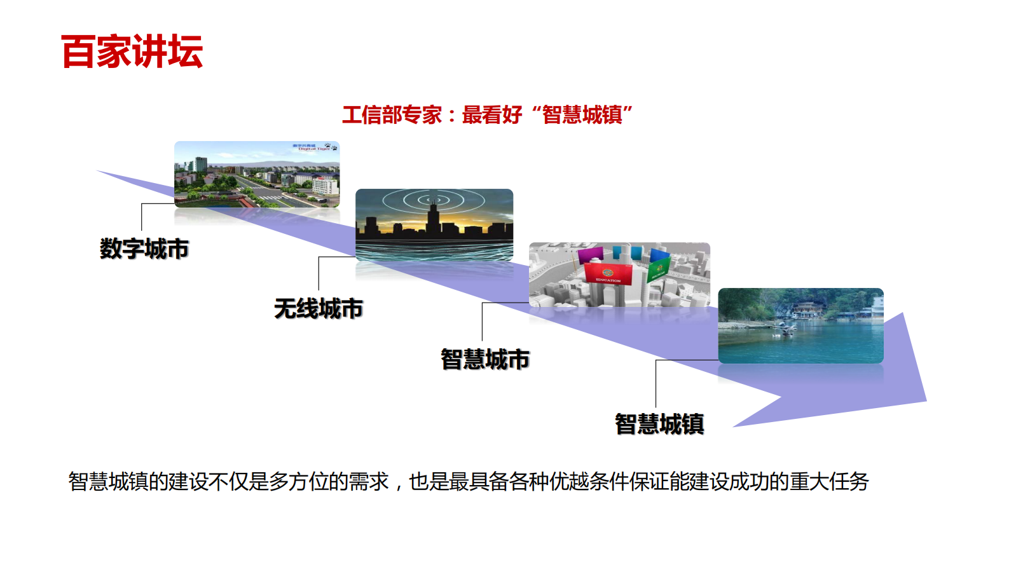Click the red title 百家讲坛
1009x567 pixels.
[132, 51]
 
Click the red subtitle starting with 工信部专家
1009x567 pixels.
[487, 115]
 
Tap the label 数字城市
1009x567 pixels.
[144, 249]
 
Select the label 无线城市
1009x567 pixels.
[319, 309]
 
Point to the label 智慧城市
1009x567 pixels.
[485, 359]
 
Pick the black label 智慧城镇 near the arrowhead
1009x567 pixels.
[659, 424]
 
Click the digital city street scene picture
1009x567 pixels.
[257, 174]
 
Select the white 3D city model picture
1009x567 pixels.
[619, 275]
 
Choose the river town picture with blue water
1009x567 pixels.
[800, 325]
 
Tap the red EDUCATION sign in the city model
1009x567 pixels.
[608, 275]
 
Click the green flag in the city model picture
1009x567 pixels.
[658, 268]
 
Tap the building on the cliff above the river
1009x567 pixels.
[804, 308]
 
